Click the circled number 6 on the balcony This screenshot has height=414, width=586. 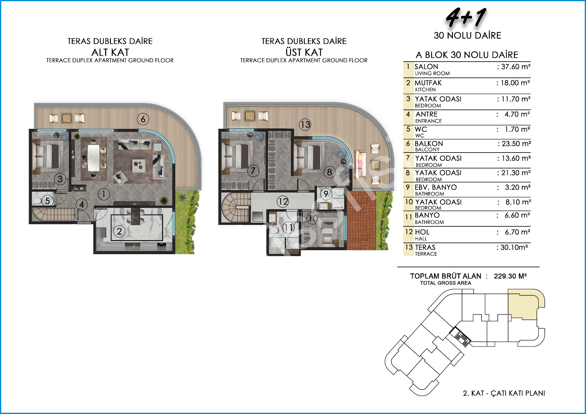click(x=143, y=119)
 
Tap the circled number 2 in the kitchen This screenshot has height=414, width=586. click(x=119, y=231)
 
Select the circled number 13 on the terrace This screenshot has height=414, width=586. click(x=305, y=124)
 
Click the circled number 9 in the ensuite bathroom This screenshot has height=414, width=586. click(x=326, y=194)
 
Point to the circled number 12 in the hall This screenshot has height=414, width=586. click(x=283, y=202)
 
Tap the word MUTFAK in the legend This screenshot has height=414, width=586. click(x=428, y=83)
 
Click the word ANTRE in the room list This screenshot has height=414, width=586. click(x=427, y=114)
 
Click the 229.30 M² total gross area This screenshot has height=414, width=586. click(x=510, y=276)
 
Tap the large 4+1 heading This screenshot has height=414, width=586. click(x=466, y=17)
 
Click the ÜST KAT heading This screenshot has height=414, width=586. click(x=304, y=52)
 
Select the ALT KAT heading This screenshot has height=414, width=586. click(x=110, y=52)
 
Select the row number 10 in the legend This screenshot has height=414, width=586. click(x=409, y=202)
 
